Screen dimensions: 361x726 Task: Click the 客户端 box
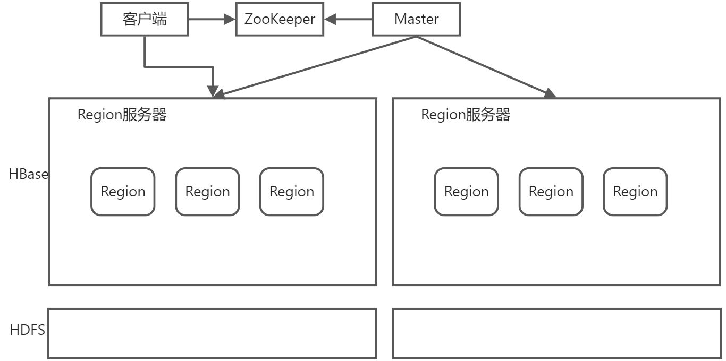click(145, 20)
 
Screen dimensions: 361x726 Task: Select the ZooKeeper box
click(280, 20)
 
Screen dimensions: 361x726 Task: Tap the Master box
click(416, 20)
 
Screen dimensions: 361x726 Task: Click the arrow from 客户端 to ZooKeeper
click(212, 20)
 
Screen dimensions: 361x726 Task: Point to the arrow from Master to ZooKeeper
click(348, 20)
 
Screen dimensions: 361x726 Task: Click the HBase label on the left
click(28, 174)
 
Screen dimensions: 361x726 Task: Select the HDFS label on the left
click(27, 330)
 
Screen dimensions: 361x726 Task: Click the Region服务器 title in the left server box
click(122, 115)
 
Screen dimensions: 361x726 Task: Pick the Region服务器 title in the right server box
click(466, 115)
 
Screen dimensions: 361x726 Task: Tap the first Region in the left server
click(123, 192)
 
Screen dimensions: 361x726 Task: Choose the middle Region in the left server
click(207, 192)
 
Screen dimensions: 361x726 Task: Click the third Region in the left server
click(292, 192)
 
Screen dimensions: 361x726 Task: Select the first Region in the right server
click(467, 192)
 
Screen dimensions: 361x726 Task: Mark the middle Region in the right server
click(551, 192)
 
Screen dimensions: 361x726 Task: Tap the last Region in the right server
click(635, 192)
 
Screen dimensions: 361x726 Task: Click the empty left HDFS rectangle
click(212, 333)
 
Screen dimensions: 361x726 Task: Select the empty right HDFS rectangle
click(556, 333)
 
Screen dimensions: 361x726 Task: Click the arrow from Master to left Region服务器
click(316, 67)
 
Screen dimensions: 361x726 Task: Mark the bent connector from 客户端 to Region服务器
click(178, 67)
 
